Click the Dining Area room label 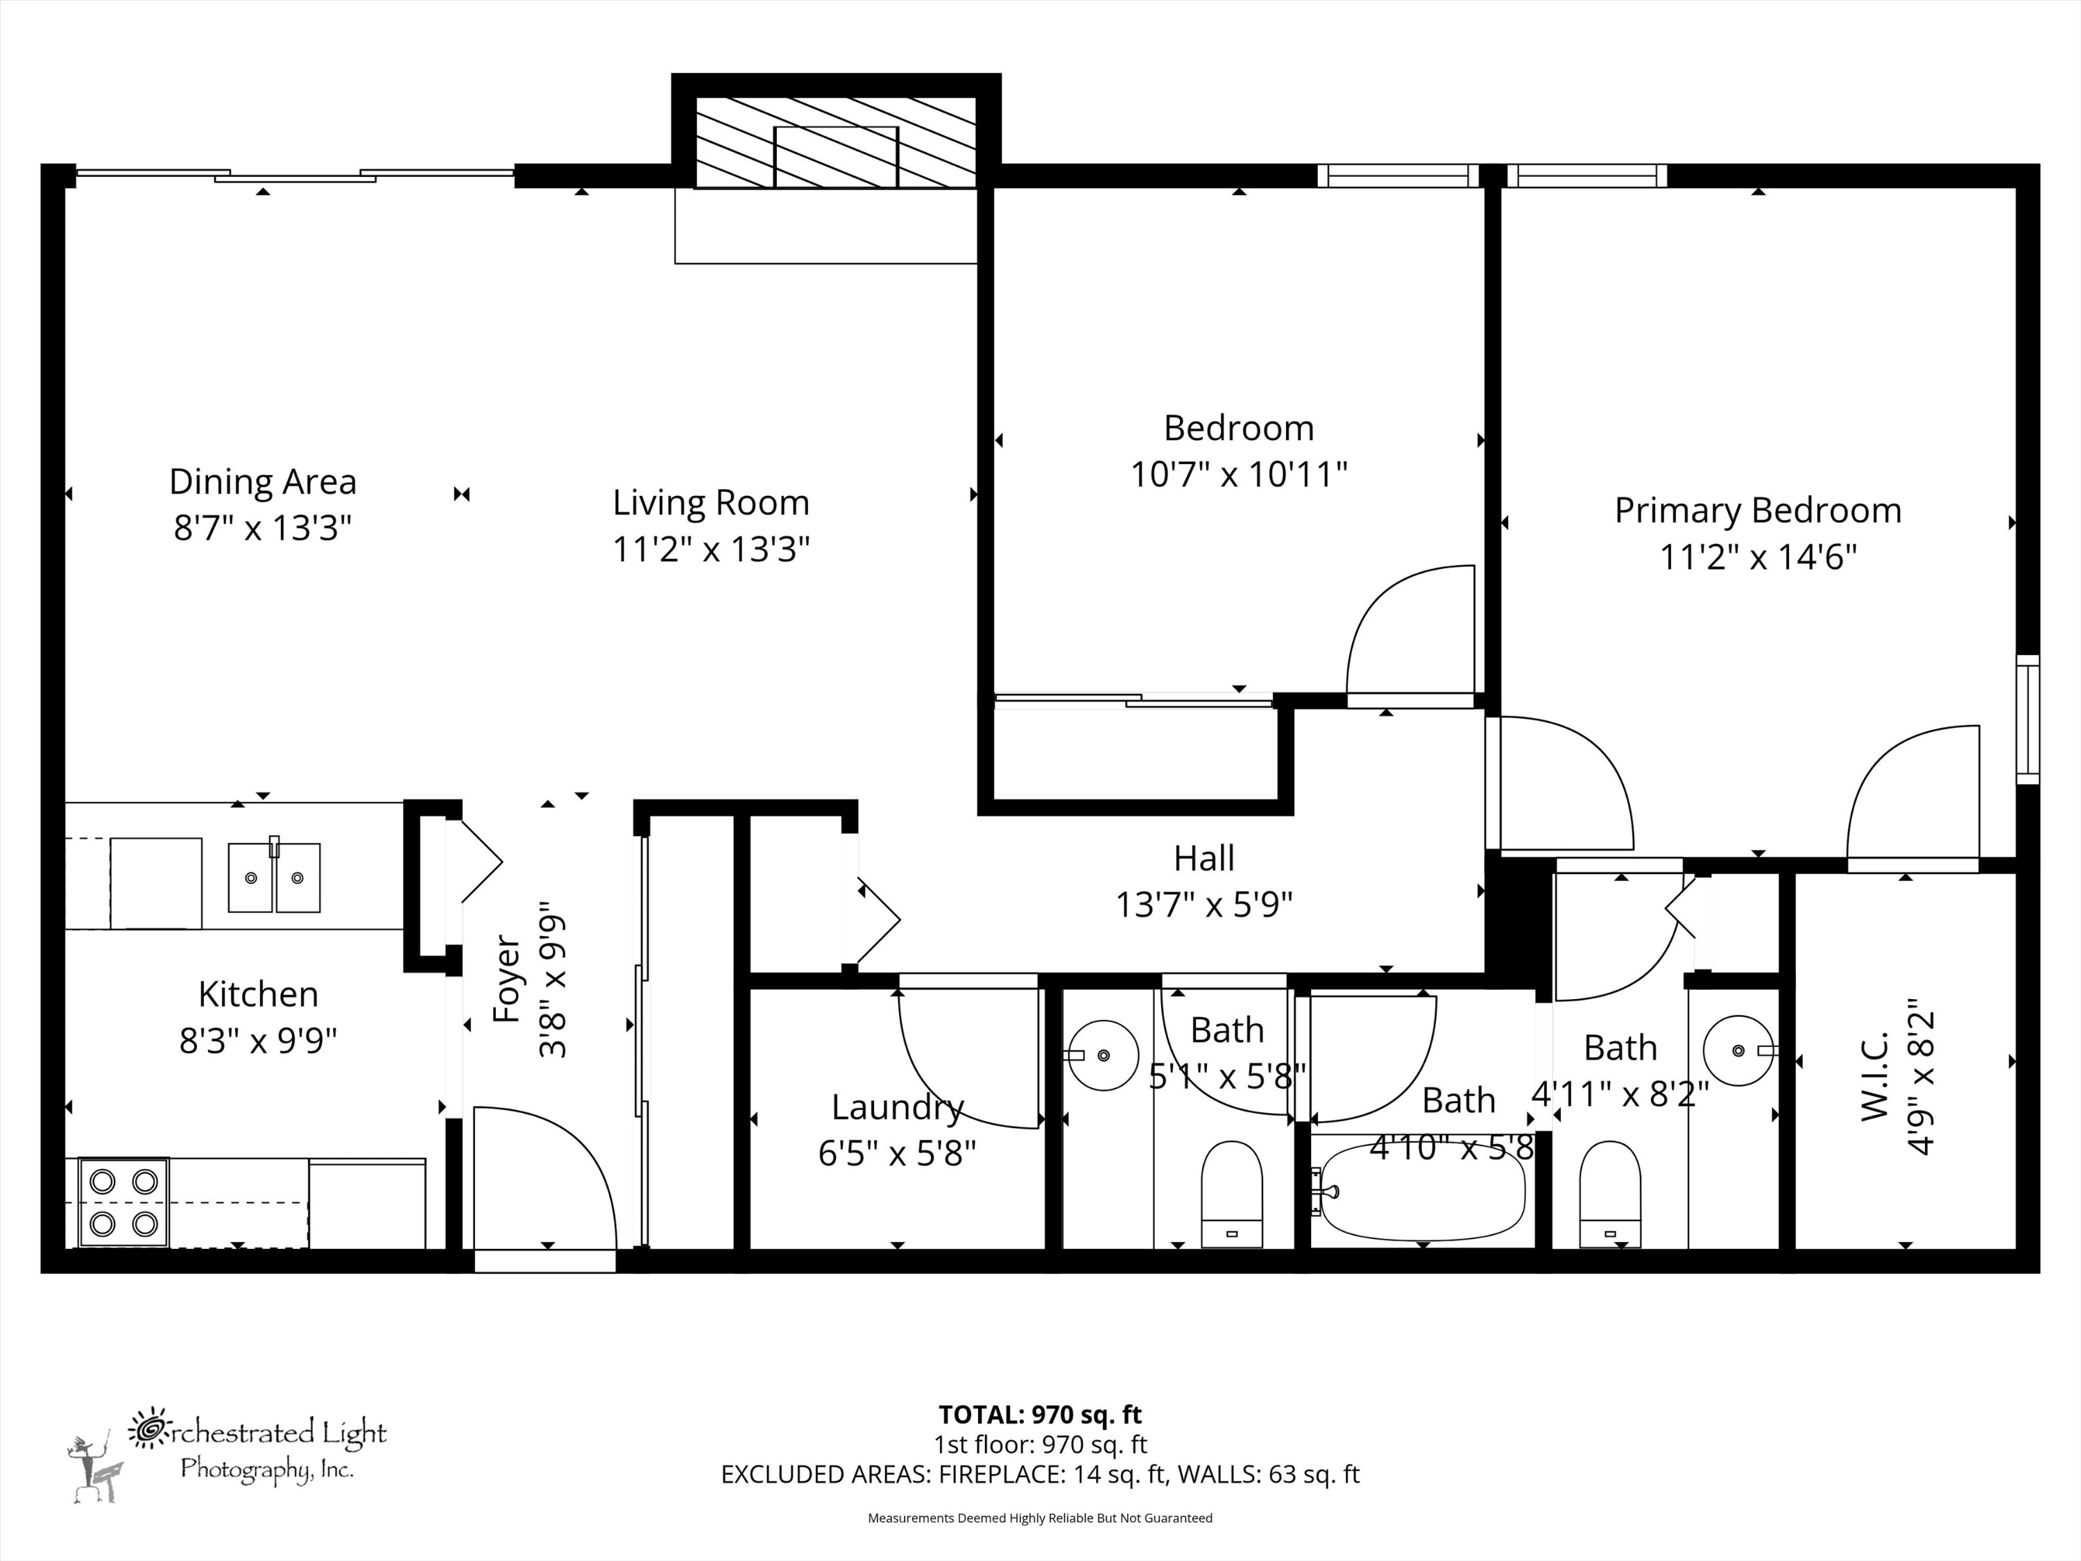(262, 481)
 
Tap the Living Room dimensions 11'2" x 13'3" (710, 549)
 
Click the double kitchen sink (274, 877)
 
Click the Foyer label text (507, 978)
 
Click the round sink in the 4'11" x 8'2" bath (1738, 1050)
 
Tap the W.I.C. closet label (1875, 1077)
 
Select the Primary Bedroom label (1757, 511)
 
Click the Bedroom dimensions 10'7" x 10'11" (1238, 475)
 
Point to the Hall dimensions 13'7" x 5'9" (1204, 905)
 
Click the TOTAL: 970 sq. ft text (1040, 1414)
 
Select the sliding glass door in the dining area (295, 175)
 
